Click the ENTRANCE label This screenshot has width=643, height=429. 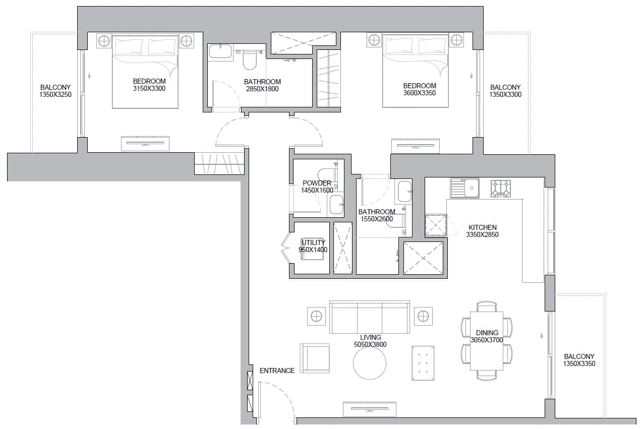(277, 371)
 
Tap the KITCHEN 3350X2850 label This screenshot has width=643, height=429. (482, 231)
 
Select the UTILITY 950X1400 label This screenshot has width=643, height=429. (313, 246)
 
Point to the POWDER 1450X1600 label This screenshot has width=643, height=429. (317, 187)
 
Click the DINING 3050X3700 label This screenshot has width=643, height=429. (487, 336)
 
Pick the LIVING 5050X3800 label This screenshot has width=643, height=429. (370, 341)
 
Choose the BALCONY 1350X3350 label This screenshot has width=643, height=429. (579, 360)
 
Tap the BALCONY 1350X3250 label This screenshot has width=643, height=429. (55, 91)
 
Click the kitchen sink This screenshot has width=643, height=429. (465, 188)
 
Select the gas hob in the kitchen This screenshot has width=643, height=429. (501, 189)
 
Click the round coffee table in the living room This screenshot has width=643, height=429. (370, 363)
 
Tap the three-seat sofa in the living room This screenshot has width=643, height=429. (370, 317)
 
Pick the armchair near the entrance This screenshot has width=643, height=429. (315, 358)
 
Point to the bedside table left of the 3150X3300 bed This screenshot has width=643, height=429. (104, 41)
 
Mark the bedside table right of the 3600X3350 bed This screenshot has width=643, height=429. (456, 40)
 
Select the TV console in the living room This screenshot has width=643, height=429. (370, 409)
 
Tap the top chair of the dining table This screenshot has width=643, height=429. (487, 306)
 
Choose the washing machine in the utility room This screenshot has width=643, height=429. (312, 249)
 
